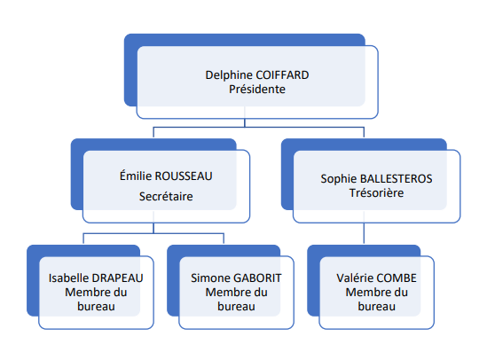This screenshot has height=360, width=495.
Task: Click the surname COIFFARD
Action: coord(282,75)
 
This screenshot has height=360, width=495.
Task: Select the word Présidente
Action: coord(257,90)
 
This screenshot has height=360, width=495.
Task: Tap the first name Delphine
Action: coord(229,75)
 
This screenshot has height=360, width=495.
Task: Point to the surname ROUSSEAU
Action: coord(184,176)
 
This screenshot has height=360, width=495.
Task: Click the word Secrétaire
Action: coord(166,197)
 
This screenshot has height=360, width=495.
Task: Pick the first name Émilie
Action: coord(136,176)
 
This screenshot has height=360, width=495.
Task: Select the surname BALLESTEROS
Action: coord(397,179)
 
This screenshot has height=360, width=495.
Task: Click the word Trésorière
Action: coord(377,192)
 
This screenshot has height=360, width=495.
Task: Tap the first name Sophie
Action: coord(339,179)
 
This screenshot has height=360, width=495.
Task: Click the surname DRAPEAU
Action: coord(118,278)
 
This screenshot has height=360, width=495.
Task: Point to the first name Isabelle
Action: coord(69,278)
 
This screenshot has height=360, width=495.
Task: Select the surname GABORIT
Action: coord(258,278)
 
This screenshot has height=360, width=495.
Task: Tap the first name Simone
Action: coord(211,278)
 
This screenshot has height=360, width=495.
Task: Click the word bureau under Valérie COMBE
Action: coord(377,307)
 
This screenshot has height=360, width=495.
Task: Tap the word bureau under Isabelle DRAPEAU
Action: coord(96,307)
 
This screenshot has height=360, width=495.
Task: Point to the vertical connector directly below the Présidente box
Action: coord(245,122)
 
